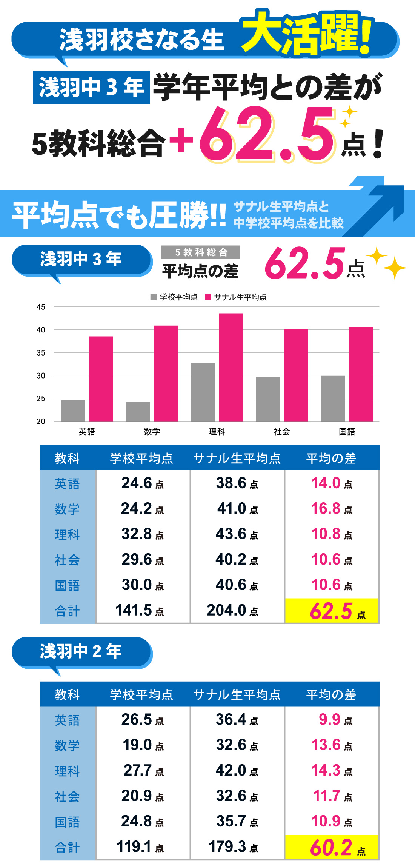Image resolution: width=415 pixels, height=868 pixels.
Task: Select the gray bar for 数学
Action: tap(138, 411)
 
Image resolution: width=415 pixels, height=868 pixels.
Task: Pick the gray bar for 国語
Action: tap(333, 398)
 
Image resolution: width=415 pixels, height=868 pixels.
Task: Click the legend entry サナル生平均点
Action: tap(236, 297)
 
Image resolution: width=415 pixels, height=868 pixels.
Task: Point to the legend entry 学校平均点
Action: tap(174, 297)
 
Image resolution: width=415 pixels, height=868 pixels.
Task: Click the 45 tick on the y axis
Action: tap(41, 307)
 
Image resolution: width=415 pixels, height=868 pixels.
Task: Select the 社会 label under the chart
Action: tap(282, 432)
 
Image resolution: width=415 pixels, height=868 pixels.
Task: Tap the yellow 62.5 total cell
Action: tap(332, 611)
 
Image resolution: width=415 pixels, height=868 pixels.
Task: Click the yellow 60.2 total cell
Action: tap(332, 847)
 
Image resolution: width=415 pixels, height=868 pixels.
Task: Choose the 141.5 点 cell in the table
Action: tap(140, 610)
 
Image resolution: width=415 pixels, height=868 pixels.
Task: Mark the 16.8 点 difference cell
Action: tap(332, 509)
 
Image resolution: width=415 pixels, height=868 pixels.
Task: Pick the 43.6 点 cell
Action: tap(237, 534)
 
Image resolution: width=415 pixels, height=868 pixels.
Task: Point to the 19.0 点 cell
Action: tap(143, 745)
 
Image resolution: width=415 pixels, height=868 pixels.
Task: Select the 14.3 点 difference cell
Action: tap(332, 770)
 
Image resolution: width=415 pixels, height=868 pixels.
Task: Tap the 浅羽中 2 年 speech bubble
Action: tap(81, 651)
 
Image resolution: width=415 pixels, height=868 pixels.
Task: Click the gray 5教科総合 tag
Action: tap(201, 252)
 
